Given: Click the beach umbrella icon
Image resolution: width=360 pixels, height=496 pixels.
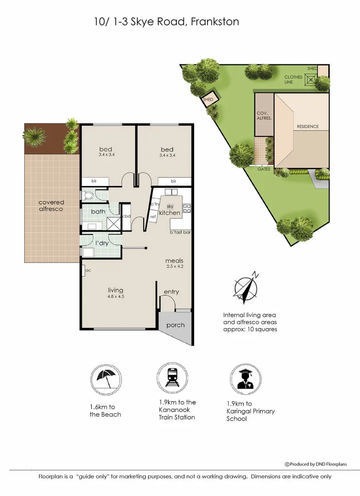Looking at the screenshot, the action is point(106,380).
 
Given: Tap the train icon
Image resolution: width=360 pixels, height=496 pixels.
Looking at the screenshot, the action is point(172,378).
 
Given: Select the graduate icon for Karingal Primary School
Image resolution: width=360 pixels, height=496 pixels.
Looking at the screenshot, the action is point(246,379).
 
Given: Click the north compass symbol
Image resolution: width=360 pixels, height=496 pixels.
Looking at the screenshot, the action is point(246,287).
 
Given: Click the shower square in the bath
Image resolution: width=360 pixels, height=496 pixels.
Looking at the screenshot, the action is point(112,223).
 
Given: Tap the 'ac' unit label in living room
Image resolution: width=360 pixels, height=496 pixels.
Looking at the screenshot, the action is point(88,271).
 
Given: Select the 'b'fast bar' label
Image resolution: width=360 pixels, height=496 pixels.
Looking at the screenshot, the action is point(180,232).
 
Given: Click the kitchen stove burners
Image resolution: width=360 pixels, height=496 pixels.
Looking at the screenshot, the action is point(187,208).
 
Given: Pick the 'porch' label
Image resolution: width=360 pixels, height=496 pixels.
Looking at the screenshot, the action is point(175,326).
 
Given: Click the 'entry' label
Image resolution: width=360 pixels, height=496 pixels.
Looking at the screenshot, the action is point(171,292).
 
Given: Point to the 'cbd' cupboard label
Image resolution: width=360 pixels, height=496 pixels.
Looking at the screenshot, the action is point(127,216).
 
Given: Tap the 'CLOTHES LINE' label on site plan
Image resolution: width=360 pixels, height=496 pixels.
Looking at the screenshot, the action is point(293,79).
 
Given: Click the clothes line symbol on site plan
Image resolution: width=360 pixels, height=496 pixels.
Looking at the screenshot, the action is point(310,80).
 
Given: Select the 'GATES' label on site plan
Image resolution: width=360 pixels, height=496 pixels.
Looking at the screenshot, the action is point(264,169).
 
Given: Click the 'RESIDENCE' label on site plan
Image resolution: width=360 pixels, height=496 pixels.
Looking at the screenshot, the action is point(308,127).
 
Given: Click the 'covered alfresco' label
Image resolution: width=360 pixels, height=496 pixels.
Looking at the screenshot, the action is point(51,206).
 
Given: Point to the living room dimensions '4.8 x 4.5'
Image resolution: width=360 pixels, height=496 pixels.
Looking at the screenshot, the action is point(116,296).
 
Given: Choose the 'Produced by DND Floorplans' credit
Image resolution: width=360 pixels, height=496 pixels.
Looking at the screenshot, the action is point(316,464).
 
